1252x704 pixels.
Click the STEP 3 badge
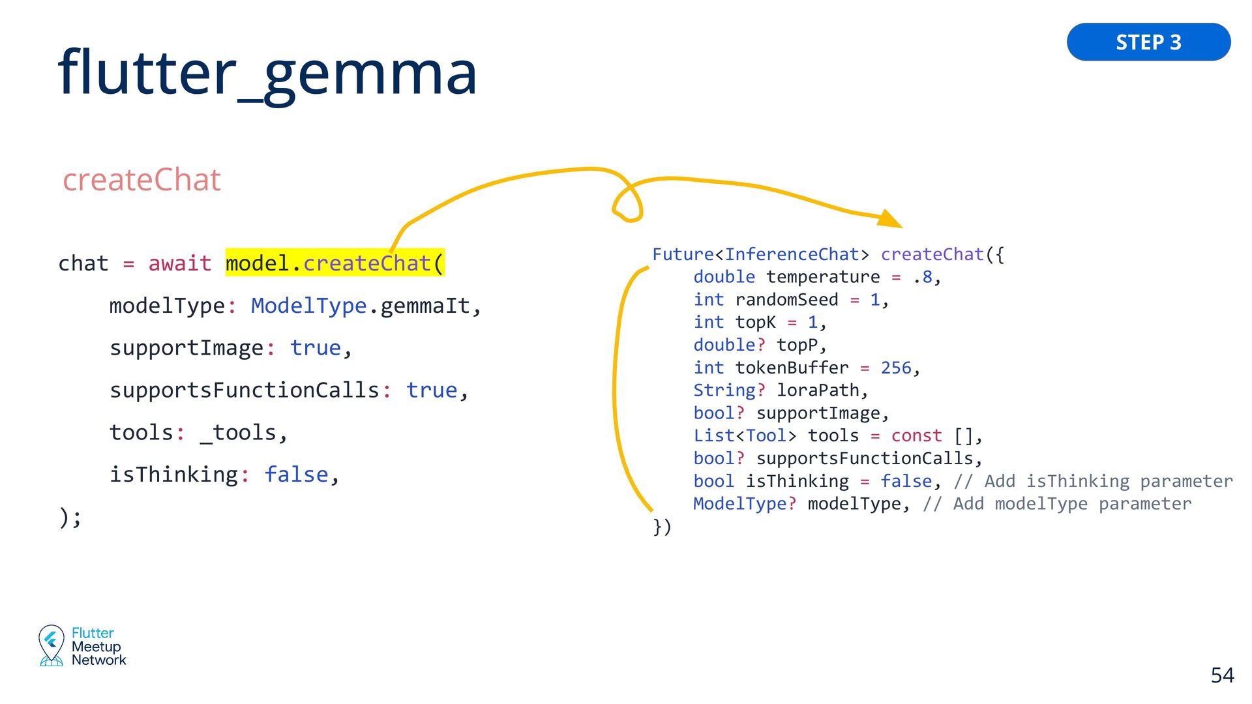pyautogui.click(x=1148, y=42)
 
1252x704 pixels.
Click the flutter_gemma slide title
pyautogui.click(x=267, y=73)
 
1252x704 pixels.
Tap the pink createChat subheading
pyautogui.click(x=142, y=180)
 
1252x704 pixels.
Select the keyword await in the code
pyautogui.click(x=179, y=263)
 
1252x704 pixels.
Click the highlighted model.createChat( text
pyautogui.click(x=335, y=263)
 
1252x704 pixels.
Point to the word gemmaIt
pyautogui.click(x=425, y=306)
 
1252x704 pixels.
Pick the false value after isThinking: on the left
pyautogui.click(x=296, y=475)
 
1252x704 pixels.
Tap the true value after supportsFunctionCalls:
pyautogui.click(x=432, y=390)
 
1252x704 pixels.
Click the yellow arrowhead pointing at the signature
pyautogui.click(x=889, y=218)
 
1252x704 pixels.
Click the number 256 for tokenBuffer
pyautogui.click(x=896, y=368)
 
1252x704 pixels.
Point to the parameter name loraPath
pyautogui.click(x=818, y=390)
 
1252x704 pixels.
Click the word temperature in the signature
pyautogui.click(x=823, y=277)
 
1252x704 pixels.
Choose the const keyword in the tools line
pyautogui.click(x=916, y=436)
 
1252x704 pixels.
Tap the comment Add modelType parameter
pyautogui.click(x=1057, y=504)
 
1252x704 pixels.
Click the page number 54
pyautogui.click(x=1222, y=675)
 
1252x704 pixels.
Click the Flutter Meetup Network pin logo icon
pyautogui.click(x=51, y=645)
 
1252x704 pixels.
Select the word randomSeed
pyautogui.click(x=786, y=300)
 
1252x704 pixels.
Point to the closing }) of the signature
pyautogui.click(x=662, y=527)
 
